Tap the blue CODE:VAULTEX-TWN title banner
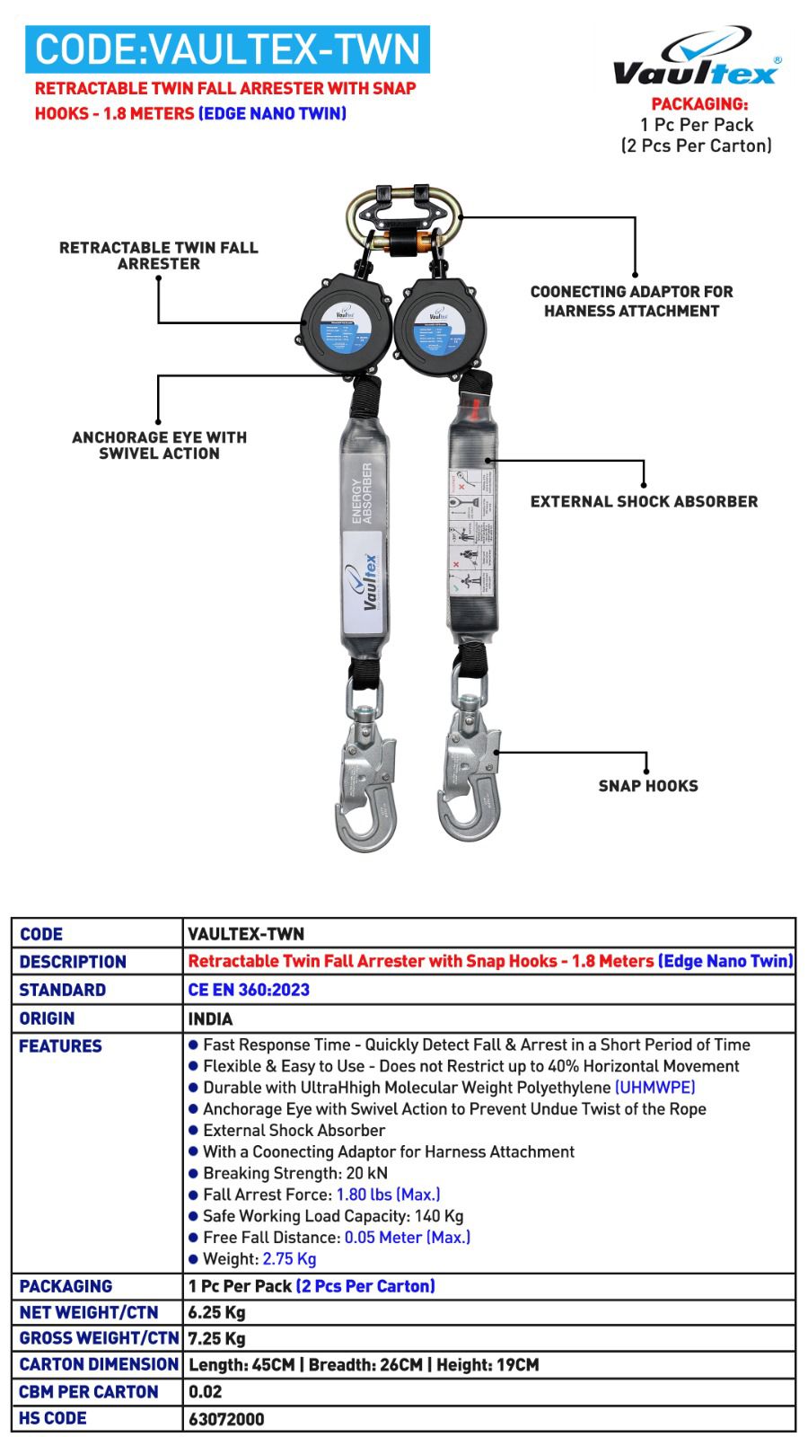click(x=227, y=49)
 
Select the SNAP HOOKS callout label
click(x=647, y=786)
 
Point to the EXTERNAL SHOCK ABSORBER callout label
click(x=644, y=501)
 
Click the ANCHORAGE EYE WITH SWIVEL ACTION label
click(x=159, y=445)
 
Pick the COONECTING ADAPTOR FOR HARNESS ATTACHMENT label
click(x=631, y=301)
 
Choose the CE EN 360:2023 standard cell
click(x=249, y=990)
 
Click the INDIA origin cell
click(x=210, y=1018)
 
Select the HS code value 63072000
click(x=226, y=1420)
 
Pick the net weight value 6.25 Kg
click(x=216, y=1312)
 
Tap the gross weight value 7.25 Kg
click(x=216, y=1338)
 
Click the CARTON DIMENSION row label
click(x=98, y=1364)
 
